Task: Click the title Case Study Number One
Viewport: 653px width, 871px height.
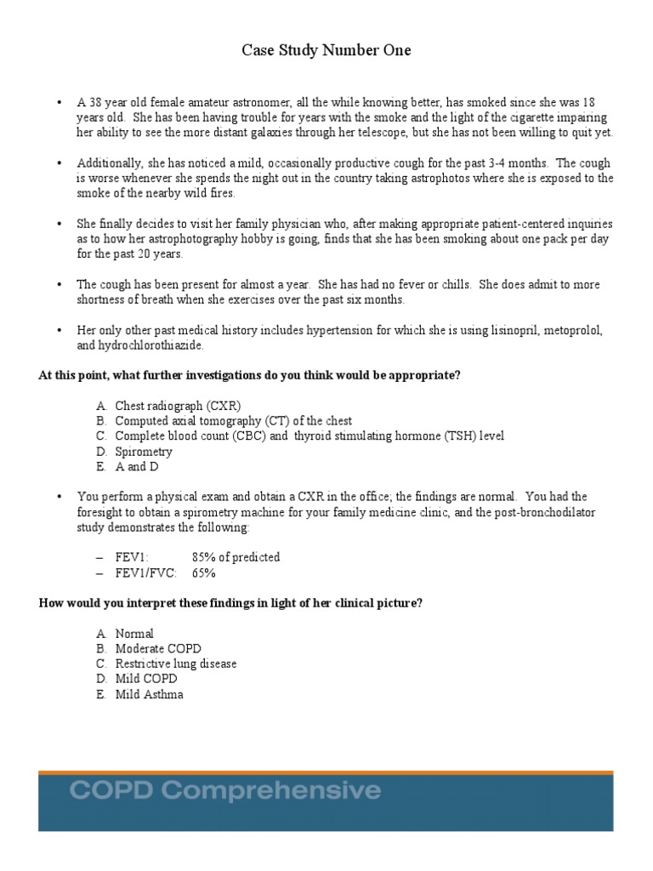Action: [326, 51]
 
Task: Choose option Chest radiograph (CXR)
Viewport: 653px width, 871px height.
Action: [184, 406]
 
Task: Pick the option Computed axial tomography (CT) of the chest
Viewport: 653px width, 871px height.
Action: [233, 421]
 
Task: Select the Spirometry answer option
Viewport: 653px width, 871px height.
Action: [144, 452]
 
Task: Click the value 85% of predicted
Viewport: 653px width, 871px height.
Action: [236, 557]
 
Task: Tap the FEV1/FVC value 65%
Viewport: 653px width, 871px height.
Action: [204, 572]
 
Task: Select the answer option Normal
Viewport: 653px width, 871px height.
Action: [134, 634]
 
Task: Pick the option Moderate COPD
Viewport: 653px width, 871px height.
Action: [158, 649]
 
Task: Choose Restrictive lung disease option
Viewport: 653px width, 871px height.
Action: [176, 663]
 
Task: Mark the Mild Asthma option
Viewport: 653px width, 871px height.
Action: [149, 694]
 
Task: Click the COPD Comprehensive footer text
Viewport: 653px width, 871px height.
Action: [224, 791]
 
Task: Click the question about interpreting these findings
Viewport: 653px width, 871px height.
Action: [230, 603]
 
